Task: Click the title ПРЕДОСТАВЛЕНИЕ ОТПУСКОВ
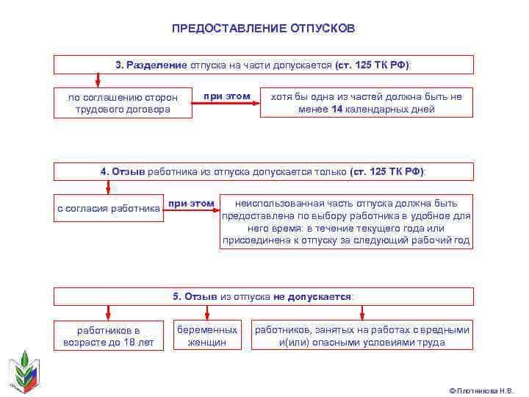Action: [264, 29]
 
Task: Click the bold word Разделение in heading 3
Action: [156, 65]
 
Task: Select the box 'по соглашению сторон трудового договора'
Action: [123, 103]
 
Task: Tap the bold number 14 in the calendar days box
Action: [337, 109]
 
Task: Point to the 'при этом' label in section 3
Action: [227, 96]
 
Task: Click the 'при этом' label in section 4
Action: [191, 204]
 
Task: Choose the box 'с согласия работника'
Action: [109, 208]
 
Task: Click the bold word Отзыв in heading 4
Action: [128, 172]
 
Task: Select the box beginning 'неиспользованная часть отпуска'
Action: [346, 221]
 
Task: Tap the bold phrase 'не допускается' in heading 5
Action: [312, 297]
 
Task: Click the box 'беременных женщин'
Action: [207, 335]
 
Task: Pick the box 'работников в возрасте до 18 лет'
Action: [109, 335]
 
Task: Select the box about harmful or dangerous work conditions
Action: [362, 335]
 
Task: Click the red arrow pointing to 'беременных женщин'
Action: [207, 312]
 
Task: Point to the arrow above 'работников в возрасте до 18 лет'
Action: [108, 312]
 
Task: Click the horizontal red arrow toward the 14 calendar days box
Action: [226, 103]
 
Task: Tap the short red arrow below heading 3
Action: [98, 80]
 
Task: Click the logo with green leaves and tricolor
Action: [24, 372]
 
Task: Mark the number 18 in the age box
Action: [129, 343]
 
